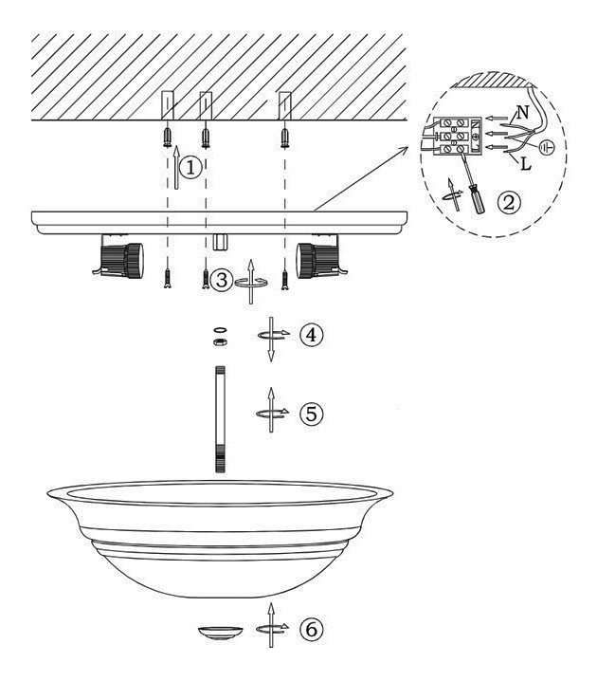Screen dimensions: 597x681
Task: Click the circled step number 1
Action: pos(190,168)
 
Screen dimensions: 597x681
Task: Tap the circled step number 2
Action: pos(508,202)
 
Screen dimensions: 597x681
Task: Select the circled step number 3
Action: pos(222,280)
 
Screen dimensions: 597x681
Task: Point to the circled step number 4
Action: pos(311,335)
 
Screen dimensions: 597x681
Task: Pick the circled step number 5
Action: pos(311,414)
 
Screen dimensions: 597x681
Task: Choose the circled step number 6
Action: pos(311,630)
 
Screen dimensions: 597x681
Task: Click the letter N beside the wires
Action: pos(523,113)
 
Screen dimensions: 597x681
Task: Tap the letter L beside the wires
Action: pos(525,164)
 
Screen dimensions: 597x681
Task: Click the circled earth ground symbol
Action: pos(547,148)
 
